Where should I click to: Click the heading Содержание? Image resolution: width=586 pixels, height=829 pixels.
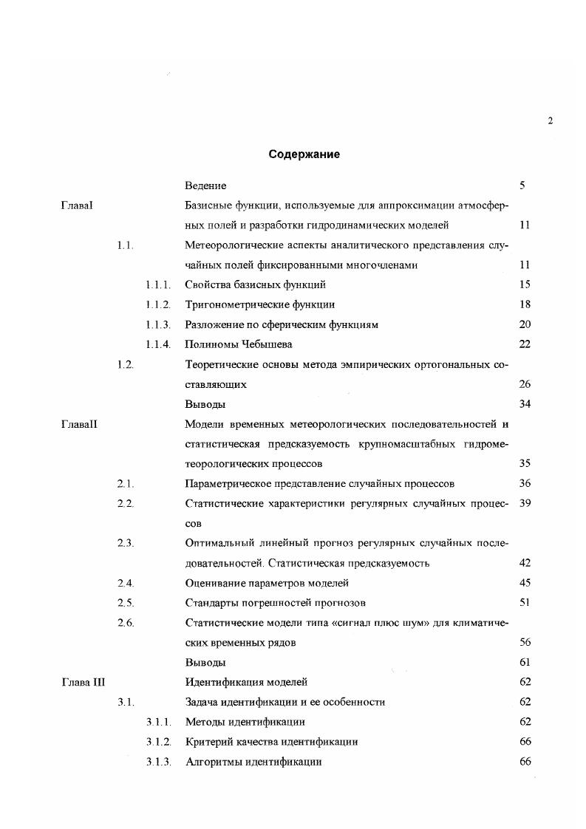pos(304,155)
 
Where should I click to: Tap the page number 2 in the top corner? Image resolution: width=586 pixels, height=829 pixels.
pos(551,121)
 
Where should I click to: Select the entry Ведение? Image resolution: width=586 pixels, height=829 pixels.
pos(205,185)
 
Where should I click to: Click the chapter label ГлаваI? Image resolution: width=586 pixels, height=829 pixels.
pos(77,205)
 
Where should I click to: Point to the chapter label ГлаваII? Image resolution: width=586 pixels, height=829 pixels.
pos(79,424)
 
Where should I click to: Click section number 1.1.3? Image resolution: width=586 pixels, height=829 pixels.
pos(158,324)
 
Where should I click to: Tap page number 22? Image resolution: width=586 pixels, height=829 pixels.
pos(525,344)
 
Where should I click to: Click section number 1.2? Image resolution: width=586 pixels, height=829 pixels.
pos(125,364)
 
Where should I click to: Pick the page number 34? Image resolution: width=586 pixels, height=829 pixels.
pos(525,404)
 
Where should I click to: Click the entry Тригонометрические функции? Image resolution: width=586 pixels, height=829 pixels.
pos(259,304)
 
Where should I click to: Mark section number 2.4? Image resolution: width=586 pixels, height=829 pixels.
pos(125,583)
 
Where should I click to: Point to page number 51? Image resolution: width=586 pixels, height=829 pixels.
pos(525,602)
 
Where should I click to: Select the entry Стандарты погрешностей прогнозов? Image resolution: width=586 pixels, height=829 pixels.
pos(276,602)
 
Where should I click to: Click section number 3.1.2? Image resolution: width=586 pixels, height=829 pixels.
pos(158,741)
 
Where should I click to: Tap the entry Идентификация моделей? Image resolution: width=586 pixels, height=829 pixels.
pos(245,682)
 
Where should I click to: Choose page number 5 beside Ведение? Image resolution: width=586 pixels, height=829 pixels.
pos(522,185)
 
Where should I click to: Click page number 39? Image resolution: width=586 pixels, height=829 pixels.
pos(525,503)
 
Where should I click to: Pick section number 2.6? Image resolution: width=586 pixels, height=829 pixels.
pos(125,622)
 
